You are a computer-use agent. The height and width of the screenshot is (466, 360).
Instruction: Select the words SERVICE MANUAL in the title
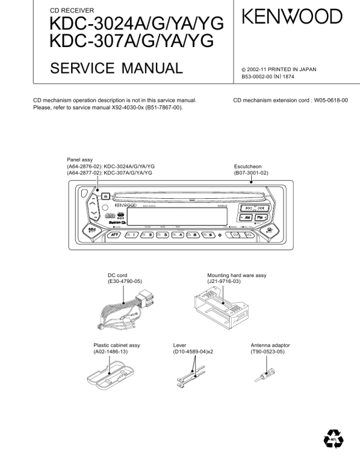(x=116, y=69)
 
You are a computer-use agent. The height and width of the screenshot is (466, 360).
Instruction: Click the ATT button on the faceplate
(x=112, y=235)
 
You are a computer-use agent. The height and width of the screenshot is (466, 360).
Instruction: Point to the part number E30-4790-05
(x=125, y=282)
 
